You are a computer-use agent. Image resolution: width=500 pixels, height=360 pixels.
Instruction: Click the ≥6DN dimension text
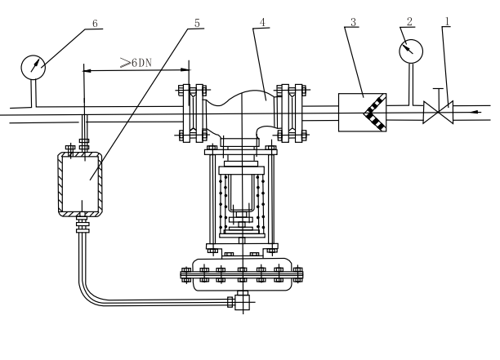pyautogui.click(x=136, y=62)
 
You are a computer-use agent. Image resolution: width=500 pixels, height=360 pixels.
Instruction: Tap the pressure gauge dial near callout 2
pyautogui.click(x=409, y=51)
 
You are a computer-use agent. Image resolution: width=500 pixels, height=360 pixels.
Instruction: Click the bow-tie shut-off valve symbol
pyautogui.click(x=436, y=113)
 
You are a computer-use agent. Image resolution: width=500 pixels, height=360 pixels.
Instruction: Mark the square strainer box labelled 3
pyautogui.click(x=363, y=113)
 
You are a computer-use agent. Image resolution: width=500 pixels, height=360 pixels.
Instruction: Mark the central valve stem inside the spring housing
pyautogui.click(x=243, y=196)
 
